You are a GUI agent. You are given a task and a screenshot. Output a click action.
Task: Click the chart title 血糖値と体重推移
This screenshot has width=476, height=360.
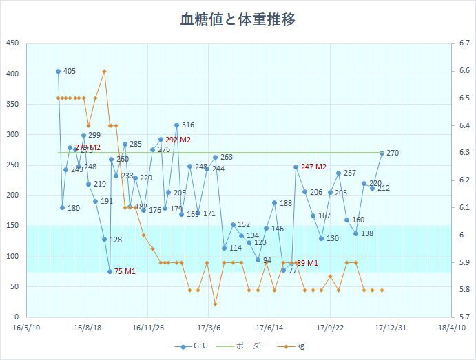pyautogui.click(x=237, y=19)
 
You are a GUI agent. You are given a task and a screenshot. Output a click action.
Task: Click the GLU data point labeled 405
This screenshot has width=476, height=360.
pyautogui.click(x=59, y=71)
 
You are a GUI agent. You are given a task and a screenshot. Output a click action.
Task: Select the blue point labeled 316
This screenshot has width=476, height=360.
pyautogui.click(x=176, y=125)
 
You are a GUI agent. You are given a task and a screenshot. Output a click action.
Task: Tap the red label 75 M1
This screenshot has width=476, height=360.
pyautogui.click(x=124, y=271)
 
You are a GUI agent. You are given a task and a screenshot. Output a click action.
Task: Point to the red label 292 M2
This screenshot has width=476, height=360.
pyautogui.click(x=178, y=140)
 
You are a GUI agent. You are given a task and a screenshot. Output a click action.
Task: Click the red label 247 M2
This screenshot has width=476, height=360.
pyautogui.click(x=313, y=167)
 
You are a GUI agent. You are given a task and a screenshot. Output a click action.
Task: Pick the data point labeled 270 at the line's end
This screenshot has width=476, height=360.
pyautogui.click(x=382, y=153)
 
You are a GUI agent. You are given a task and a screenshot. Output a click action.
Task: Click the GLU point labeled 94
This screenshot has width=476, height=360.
pyautogui.click(x=258, y=260)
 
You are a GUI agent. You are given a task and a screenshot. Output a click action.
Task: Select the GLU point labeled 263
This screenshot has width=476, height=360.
pyautogui.click(x=215, y=158)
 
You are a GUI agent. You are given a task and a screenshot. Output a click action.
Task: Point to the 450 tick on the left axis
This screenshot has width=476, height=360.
pyautogui.click(x=12, y=43)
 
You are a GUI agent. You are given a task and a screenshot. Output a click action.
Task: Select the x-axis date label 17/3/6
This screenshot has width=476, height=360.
pyautogui.click(x=209, y=328)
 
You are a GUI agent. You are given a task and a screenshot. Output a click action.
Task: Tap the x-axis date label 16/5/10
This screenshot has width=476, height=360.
pyautogui.click(x=26, y=328)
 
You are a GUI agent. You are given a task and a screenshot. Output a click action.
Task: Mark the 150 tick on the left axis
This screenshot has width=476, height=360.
pyautogui.click(x=12, y=226)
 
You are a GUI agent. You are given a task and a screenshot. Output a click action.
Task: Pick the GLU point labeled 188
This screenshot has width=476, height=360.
pyautogui.click(x=274, y=203)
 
